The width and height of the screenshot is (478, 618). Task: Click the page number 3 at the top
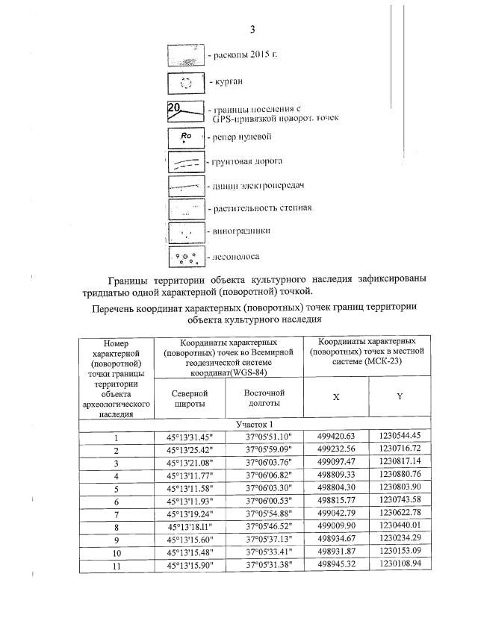tap(252, 29)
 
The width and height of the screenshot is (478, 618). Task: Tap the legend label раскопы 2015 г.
tap(241, 56)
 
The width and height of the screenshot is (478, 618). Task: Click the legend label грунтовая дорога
tap(248, 160)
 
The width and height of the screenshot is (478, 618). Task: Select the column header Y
tap(400, 397)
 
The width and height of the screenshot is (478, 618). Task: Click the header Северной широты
tap(193, 397)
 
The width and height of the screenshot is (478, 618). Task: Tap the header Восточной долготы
tap(264, 397)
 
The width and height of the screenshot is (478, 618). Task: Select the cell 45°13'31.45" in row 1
tap(193, 436)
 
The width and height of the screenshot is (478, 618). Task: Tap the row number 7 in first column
tap(117, 514)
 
